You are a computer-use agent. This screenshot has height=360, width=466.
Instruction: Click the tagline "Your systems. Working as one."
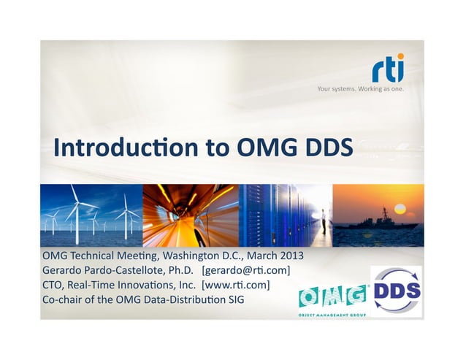359,90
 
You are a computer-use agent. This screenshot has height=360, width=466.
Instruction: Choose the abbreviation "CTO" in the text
53,284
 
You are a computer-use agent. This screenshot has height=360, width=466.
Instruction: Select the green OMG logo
333,296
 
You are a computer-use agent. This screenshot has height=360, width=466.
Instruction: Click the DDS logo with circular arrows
397,291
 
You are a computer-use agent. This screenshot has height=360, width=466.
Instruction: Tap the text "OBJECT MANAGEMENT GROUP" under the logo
332,315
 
